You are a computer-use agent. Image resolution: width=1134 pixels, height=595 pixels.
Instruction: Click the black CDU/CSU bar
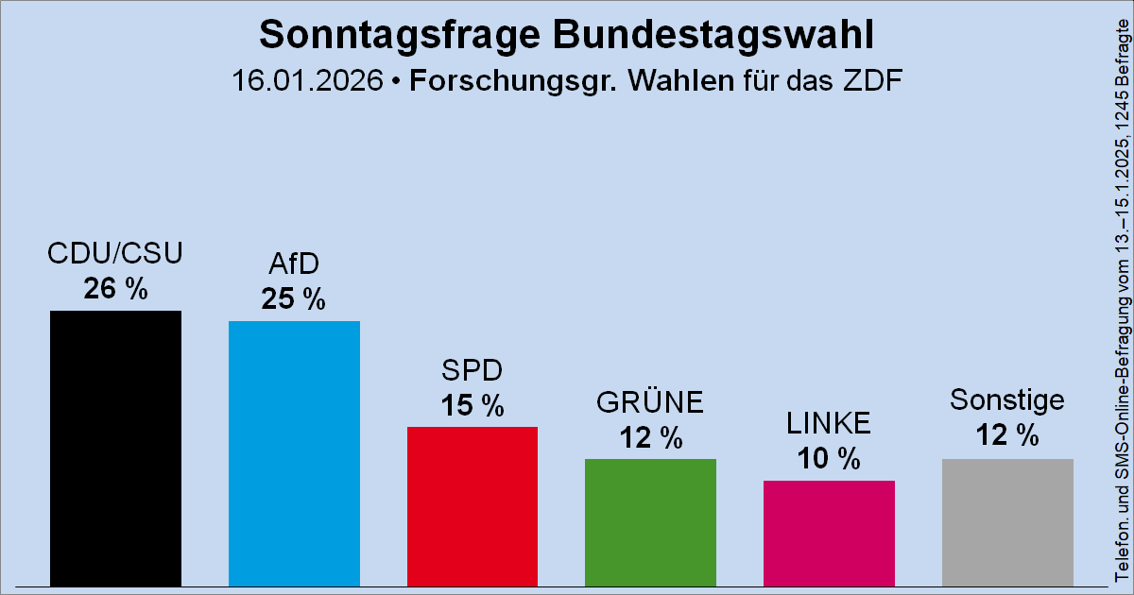[x=115, y=449]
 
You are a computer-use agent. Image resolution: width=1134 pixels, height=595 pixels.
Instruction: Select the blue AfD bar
[x=294, y=453]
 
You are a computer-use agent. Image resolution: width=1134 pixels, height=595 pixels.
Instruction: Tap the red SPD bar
[x=472, y=506]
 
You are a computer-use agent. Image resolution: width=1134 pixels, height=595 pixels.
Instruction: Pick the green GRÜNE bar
[x=650, y=522]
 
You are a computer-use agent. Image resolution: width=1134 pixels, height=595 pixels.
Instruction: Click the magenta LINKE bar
[x=829, y=534]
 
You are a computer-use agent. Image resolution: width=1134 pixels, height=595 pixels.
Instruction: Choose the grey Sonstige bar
[x=1007, y=522]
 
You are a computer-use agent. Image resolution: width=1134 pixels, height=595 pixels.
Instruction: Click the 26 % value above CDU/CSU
[x=115, y=289]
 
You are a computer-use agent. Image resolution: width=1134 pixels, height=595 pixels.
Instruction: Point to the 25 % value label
[x=294, y=299]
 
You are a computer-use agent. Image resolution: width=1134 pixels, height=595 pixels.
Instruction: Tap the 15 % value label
[x=472, y=405]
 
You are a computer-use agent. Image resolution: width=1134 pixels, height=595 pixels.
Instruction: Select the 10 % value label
[x=829, y=459]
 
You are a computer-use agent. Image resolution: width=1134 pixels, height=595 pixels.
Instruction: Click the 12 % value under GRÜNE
[x=650, y=437]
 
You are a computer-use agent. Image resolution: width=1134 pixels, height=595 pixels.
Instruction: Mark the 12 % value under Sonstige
[x=1007, y=436]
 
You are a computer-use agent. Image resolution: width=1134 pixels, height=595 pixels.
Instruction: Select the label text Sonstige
[x=1007, y=400]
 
